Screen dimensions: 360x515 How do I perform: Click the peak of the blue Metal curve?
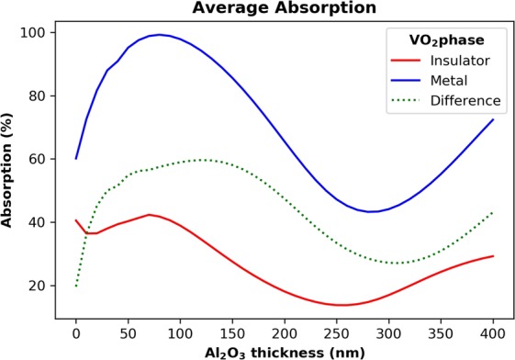click(x=160, y=35)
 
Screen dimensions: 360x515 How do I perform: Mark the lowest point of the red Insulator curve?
click(x=342, y=305)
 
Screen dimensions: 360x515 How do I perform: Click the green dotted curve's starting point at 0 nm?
click(x=76, y=286)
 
